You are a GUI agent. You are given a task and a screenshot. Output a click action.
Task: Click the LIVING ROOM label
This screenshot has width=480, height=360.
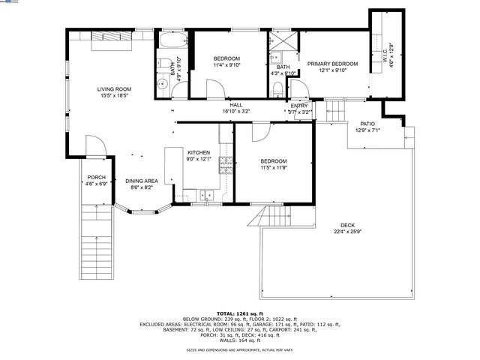coord(114,89)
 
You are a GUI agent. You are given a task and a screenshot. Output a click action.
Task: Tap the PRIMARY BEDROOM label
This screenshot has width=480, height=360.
coord(332,64)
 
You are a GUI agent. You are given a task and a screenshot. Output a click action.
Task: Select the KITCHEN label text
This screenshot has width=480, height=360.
coord(199,152)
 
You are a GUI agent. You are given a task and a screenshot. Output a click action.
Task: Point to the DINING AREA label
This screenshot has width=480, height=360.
coord(141,181)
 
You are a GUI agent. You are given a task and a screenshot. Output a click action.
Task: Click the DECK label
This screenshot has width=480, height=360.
coord(347,225)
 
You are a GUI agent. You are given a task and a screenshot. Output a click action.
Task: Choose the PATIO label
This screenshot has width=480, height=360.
coord(367,124)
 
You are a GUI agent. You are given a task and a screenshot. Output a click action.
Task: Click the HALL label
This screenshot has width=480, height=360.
coord(235,105)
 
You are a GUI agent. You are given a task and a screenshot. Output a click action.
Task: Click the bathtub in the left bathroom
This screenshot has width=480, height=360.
coord(172,39)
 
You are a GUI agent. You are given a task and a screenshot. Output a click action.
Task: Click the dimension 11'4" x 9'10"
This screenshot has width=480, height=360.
coord(226,65)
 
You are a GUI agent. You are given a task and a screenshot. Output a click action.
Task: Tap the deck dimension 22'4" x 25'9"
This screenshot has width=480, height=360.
coord(347,232)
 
